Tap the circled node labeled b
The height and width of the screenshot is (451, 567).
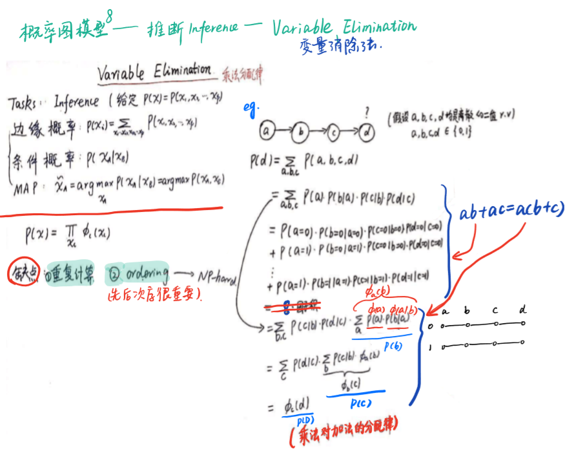point(301,133)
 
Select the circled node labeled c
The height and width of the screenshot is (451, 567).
point(333,132)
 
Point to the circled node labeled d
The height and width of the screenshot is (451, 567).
point(366,132)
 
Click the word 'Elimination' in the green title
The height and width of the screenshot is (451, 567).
point(376,26)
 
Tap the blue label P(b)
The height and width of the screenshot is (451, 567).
point(393,347)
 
